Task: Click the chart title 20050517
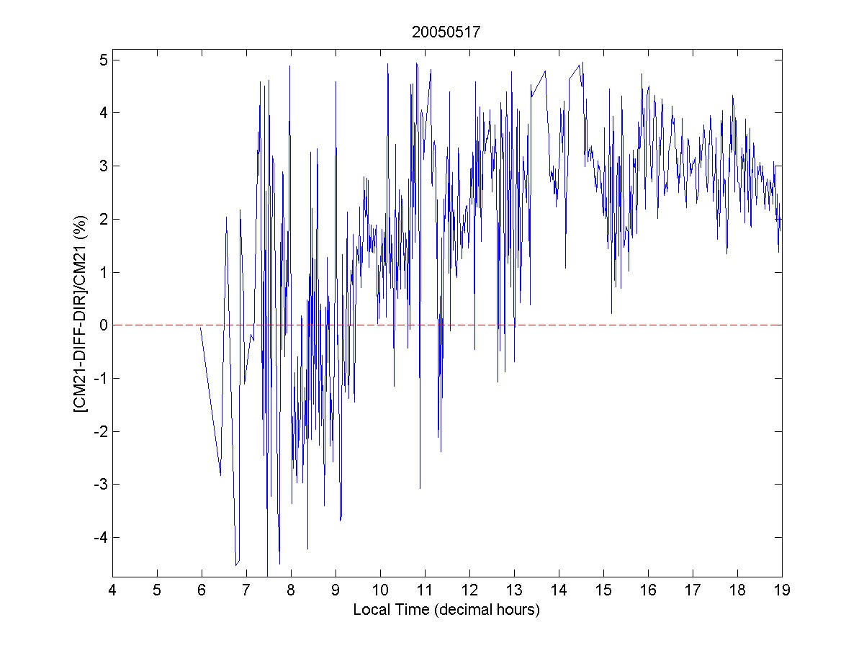tap(446, 32)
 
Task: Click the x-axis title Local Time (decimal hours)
tap(446, 610)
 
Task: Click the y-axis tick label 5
tap(104, 60)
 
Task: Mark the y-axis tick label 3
tap(104, 166)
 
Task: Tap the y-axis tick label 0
tap(104, 325)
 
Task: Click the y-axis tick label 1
tap(104, 272)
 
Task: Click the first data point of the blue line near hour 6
tap(201, 328)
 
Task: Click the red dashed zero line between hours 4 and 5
tap(135, 325)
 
